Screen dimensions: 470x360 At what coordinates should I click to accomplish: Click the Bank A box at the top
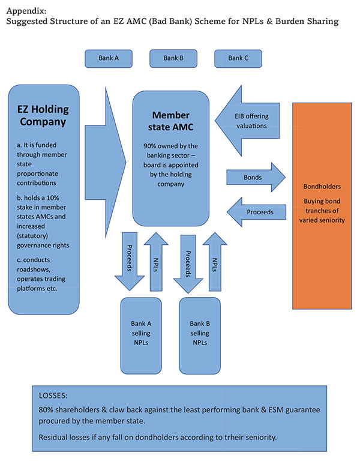pos(109,58)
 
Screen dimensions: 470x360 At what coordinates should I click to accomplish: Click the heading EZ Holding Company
pos(43,116)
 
